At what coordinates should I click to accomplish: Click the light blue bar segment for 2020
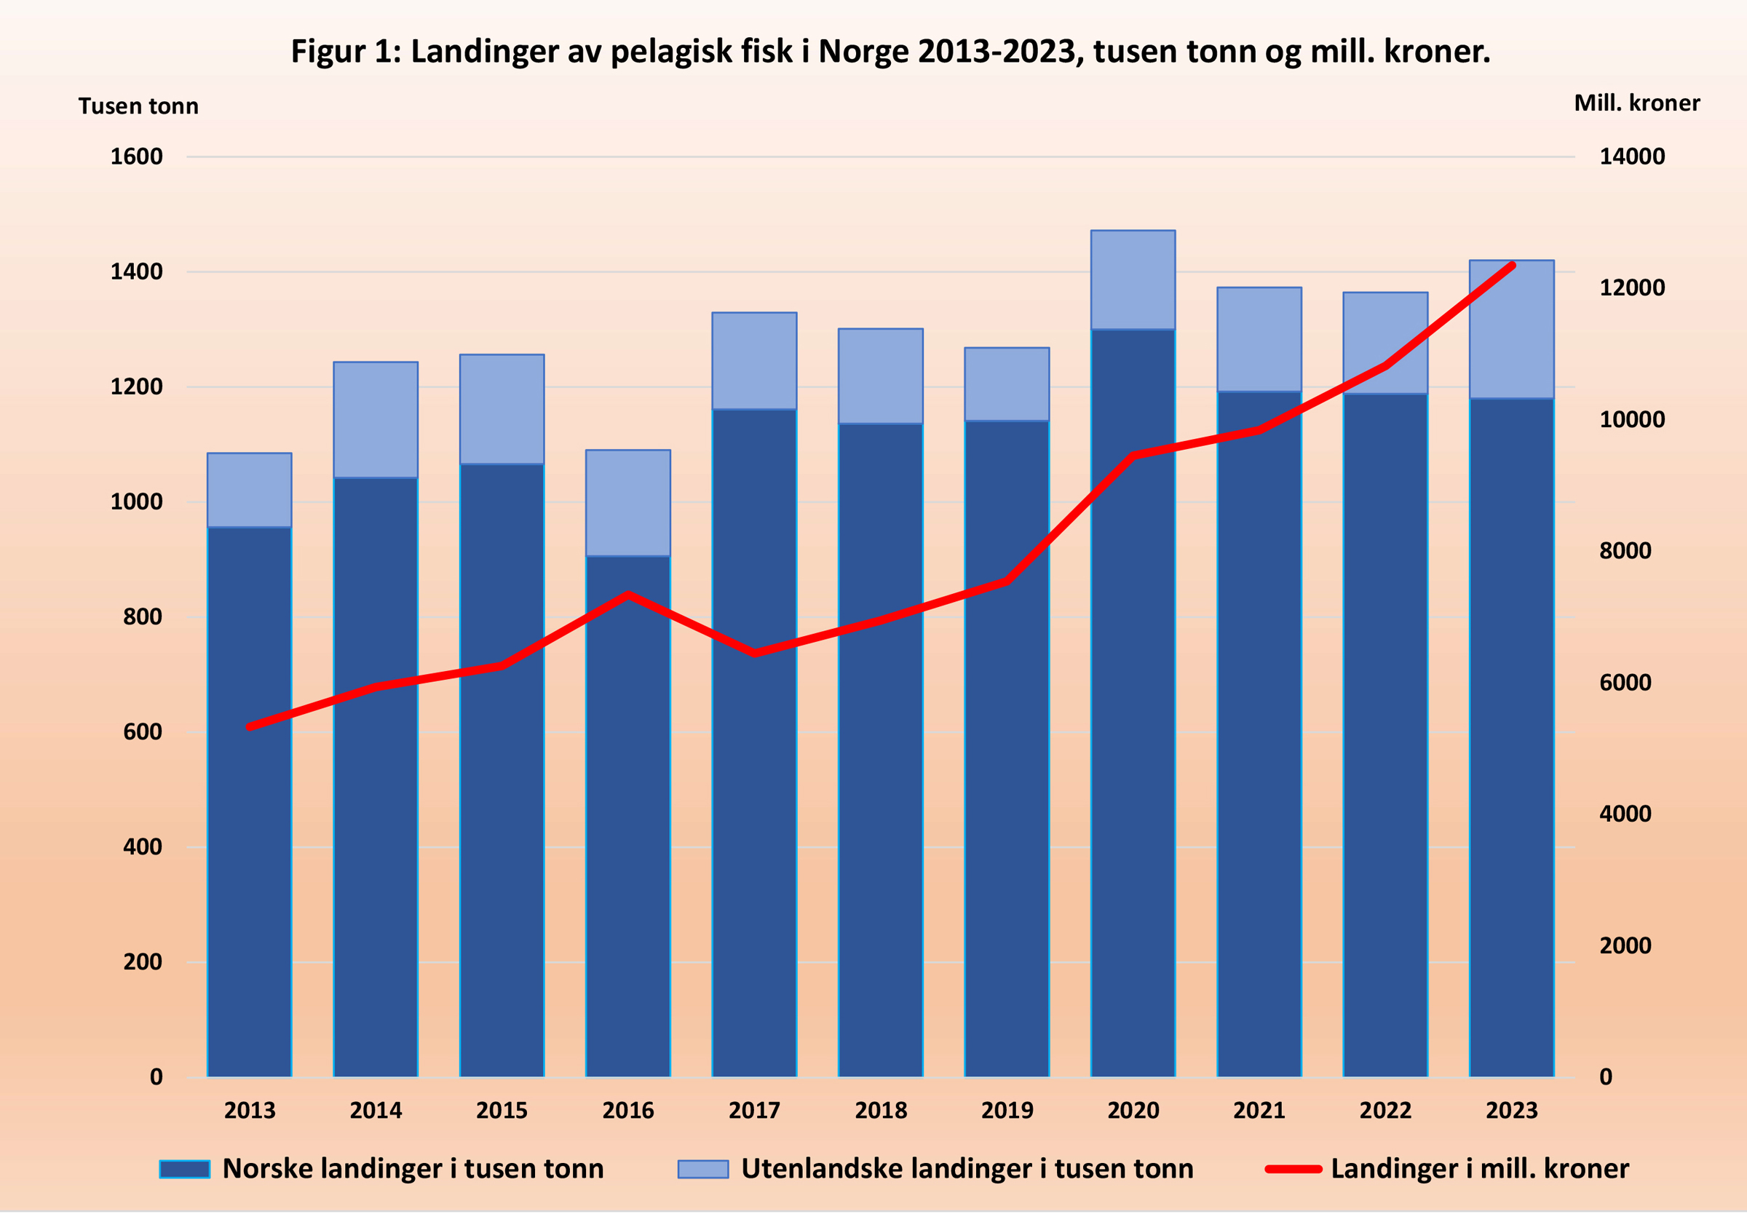click(1133, 279)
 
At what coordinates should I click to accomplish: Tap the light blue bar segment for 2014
click(376, 419)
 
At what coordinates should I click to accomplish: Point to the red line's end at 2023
click(1512, 266)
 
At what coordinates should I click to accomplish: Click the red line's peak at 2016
click(627, 594)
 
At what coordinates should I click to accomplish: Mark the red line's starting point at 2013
click(250, 727)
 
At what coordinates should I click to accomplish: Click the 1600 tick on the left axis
click(137, 156)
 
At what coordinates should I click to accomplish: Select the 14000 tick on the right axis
click(1631, 156)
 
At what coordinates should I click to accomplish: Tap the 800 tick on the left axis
click(143, 617)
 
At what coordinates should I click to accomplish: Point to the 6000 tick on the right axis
click(1625, 682)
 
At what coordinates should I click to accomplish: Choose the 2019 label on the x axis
click(1006, 1111)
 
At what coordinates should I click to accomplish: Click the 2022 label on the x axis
click(1385, 1111)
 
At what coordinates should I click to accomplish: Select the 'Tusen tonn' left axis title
click(138, 106)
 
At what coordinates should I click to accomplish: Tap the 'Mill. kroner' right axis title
click(1636, 103)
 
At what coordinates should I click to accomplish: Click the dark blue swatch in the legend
click(185, 1169)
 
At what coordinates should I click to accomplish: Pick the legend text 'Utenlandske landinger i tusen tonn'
click(967, 1169)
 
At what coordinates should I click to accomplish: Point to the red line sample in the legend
click(1293, 1169)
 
